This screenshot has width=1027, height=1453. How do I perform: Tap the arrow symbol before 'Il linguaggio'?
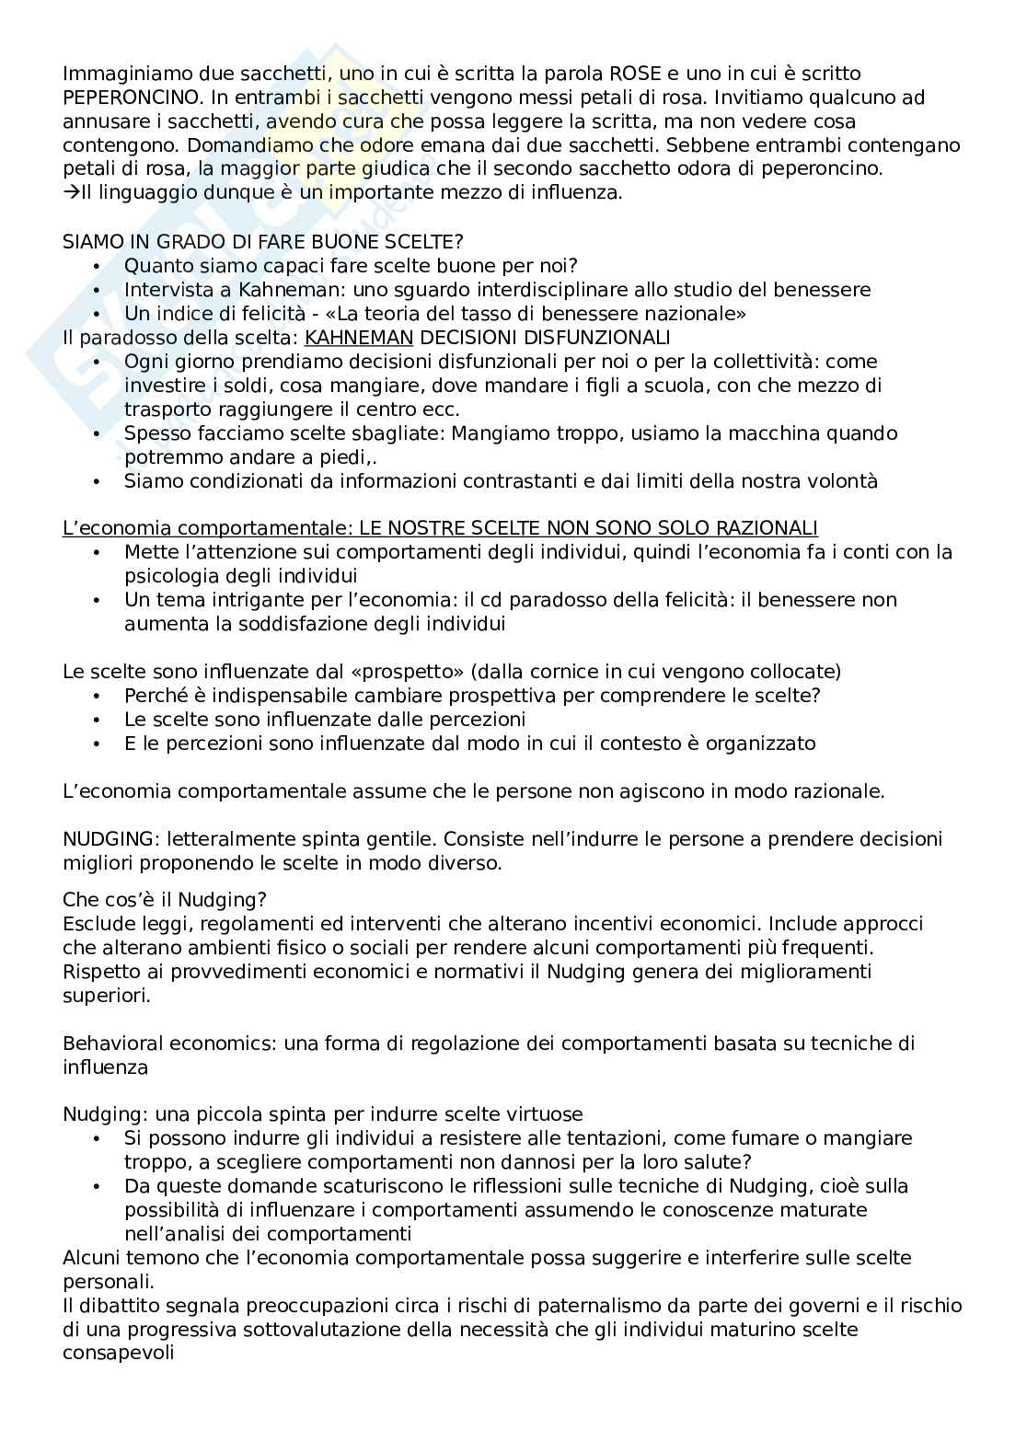(x=71, y=193)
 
